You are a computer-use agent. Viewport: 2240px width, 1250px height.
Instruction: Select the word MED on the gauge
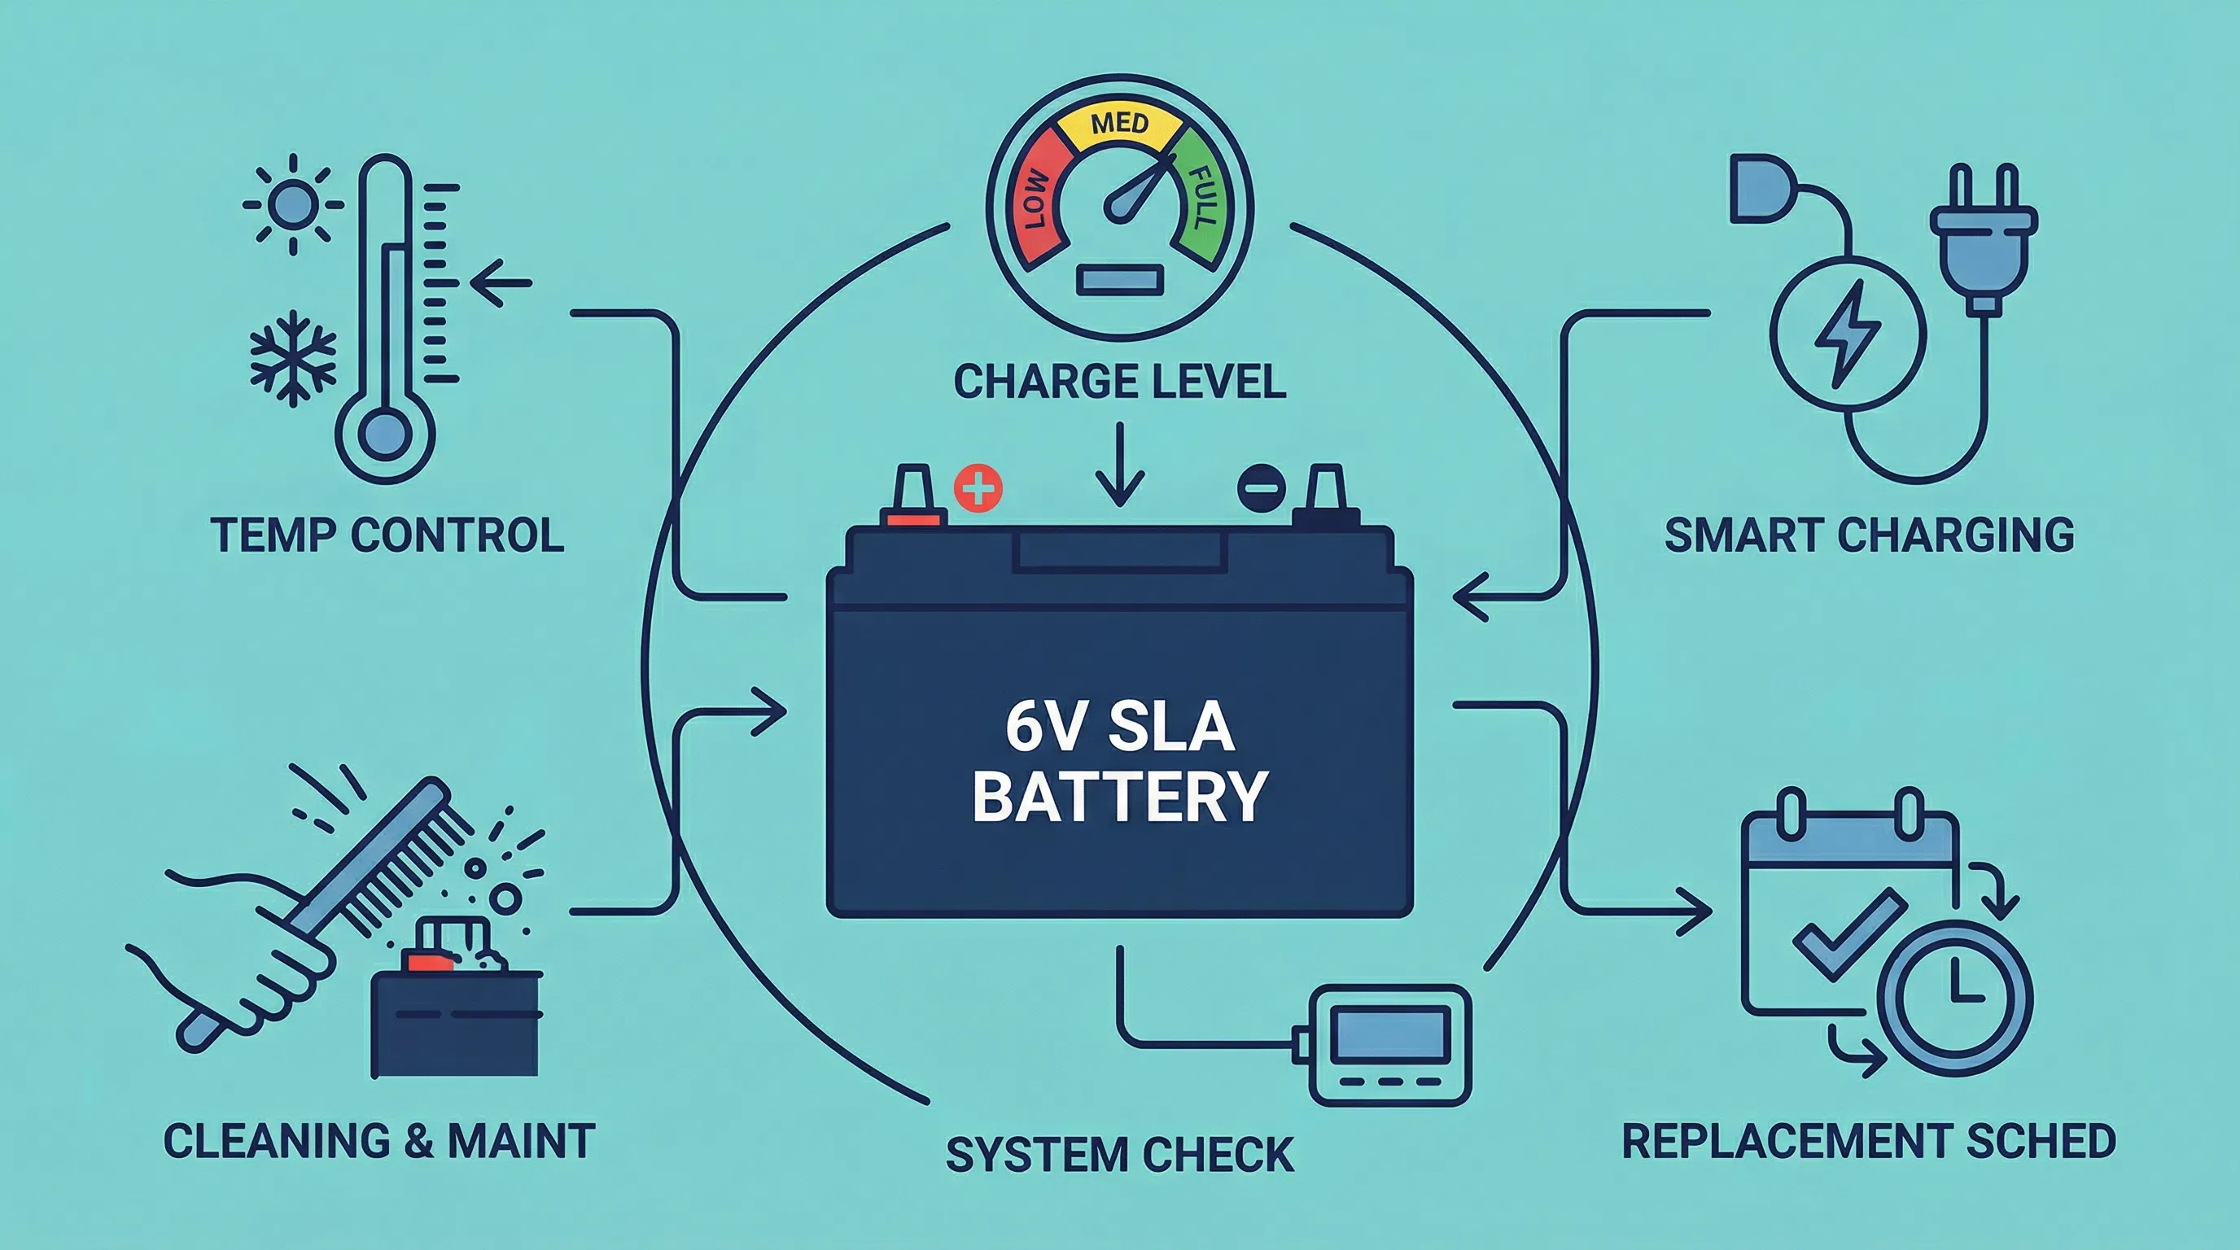[1119, 125]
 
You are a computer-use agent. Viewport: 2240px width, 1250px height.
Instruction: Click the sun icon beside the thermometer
[292, 205]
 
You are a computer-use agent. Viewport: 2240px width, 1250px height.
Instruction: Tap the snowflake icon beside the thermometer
[292, 358]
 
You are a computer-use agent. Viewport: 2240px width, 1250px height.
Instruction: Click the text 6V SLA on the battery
[1119, 728]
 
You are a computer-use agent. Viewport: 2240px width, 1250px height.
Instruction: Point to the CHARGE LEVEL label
[1119, 382]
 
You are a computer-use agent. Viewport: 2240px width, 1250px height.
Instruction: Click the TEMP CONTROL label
[387, 535]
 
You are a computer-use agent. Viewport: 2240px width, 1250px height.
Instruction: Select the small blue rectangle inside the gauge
[1119, 281]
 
